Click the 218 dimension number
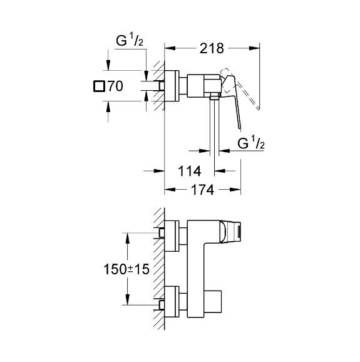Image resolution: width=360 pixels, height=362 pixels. click(212, 48)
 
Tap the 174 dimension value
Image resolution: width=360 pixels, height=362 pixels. click(202, 190)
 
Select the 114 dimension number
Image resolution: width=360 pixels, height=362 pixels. click(190, 172)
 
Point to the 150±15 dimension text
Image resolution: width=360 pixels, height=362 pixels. click(126, 269)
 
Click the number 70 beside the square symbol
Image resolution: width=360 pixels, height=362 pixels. click(115, 86)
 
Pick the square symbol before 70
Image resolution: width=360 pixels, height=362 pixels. click(99, 86)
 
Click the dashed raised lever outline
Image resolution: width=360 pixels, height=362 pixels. click(240, 88)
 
